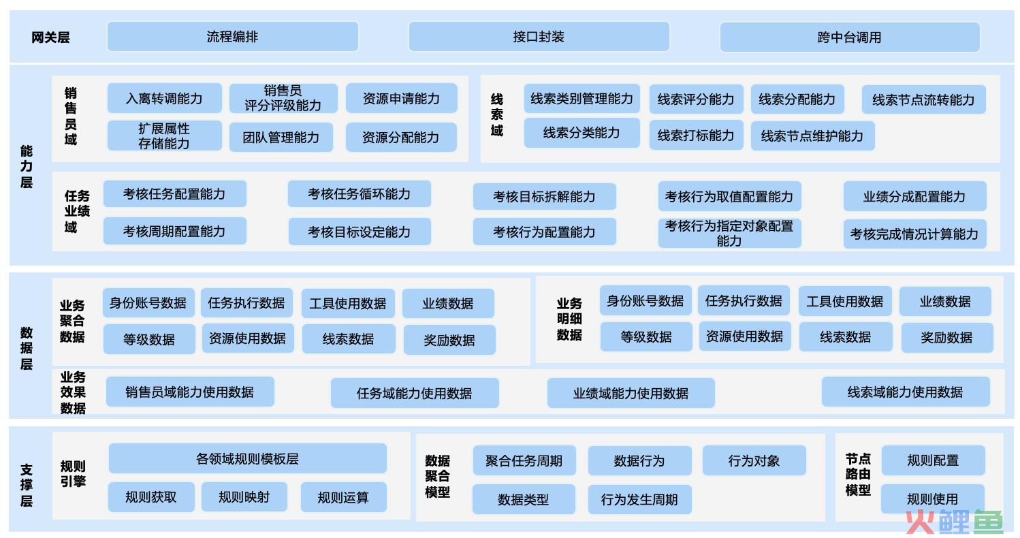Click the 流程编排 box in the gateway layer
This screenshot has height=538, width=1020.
tap(233, 37)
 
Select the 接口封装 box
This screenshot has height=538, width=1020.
tap(539, 37)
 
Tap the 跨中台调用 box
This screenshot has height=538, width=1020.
tap(850, 37)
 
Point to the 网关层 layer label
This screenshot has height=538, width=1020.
tap(50, 37)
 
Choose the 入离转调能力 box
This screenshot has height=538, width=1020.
tap(164, 98)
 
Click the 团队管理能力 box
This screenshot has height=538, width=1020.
tap(281, 137)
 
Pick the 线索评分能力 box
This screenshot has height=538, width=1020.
tap(697, 99)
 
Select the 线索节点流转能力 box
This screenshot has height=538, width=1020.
tap(923, 99)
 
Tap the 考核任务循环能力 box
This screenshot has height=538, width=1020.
tap(360, 194)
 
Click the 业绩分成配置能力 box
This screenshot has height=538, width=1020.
tap(915, 196)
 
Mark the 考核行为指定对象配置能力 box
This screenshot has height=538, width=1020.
tap(729, 233)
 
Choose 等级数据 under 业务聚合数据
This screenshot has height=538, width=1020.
tap(149, 339)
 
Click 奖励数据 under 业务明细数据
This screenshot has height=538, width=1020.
tap(947, 338)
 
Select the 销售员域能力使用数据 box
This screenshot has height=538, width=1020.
tap(190, 392)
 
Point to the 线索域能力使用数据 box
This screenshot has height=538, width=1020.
tap(906, 392)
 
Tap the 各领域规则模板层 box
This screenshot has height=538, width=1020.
tap(248, 458)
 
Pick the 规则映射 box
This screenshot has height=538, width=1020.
tap(244, 497)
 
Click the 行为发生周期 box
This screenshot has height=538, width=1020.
tap(640, 500)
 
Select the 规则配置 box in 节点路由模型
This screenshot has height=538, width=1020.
tap(934, 460)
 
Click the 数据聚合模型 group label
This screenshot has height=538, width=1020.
tap(438, 476)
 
